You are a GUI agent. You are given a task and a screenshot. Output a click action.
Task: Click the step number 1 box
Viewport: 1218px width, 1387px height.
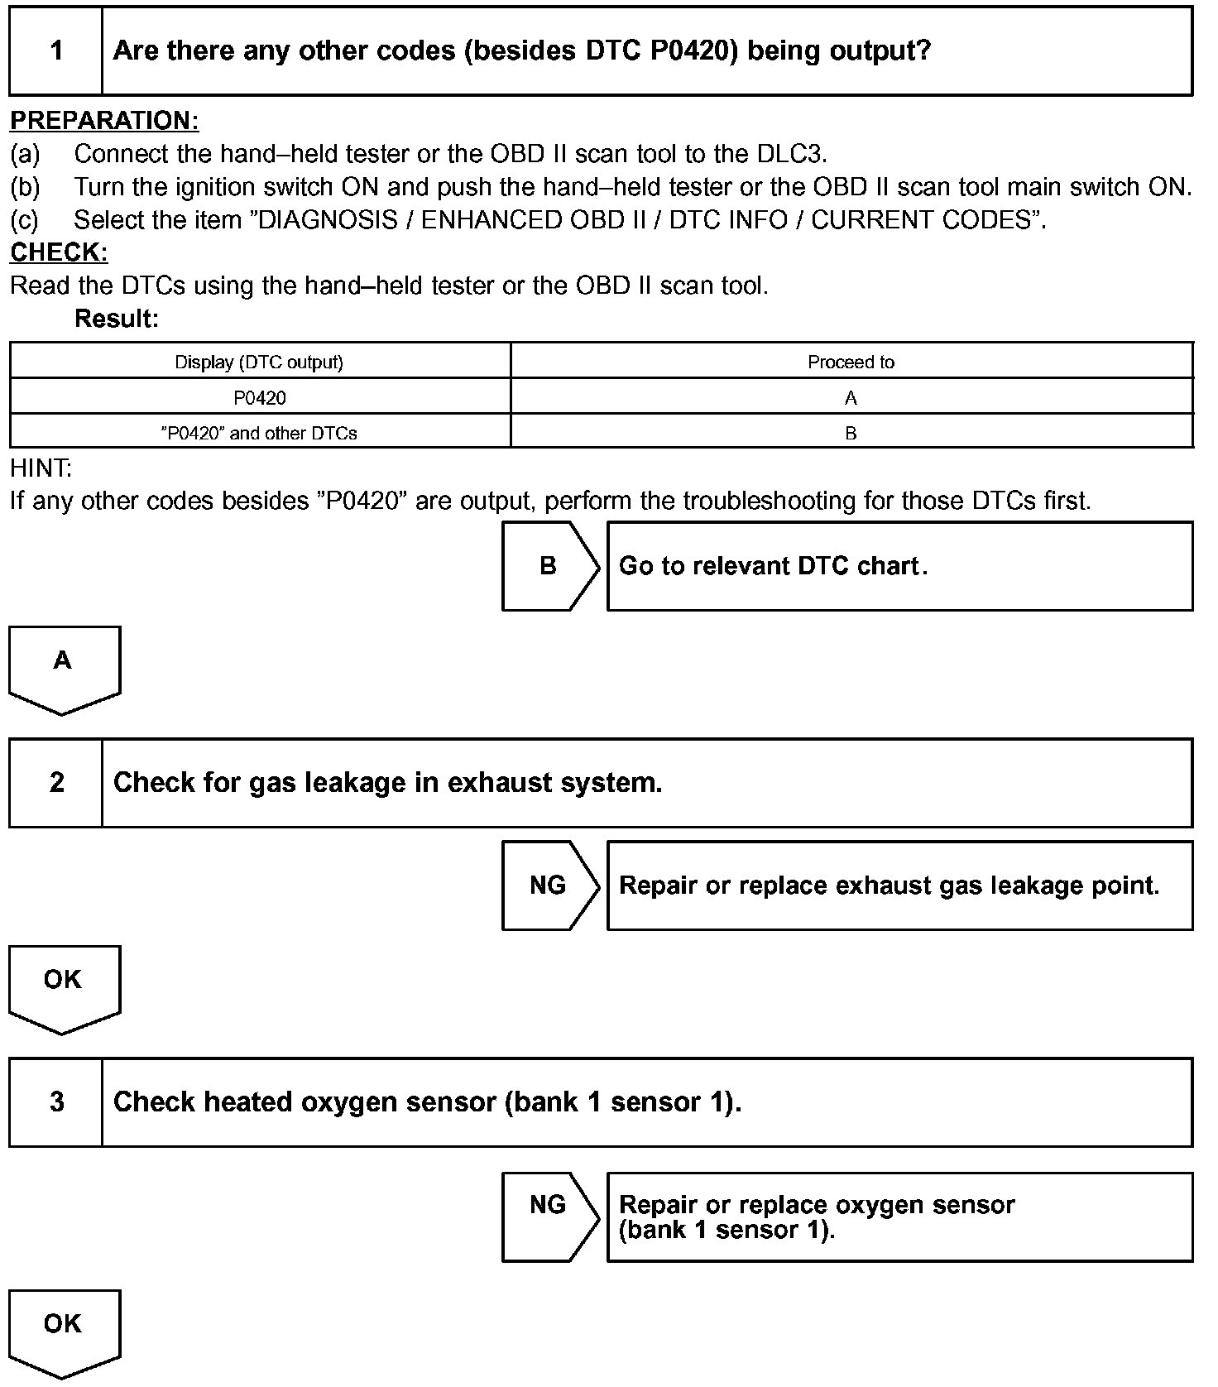coord(56,51)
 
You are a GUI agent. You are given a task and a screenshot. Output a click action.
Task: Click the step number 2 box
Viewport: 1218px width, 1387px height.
coord(56,783)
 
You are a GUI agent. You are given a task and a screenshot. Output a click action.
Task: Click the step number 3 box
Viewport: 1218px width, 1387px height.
coord(56,1102)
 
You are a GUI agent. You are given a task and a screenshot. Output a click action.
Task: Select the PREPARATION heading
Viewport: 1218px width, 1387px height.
coord(104,121)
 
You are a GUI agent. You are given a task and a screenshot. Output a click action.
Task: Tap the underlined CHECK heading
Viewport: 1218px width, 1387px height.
coord(59,252)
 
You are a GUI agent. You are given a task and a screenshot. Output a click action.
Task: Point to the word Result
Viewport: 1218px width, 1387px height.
coord(117,319)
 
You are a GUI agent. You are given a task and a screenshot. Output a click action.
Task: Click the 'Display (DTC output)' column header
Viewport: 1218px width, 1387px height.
coord(259,362)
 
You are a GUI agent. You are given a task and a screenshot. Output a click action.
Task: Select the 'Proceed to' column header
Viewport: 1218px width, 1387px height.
coord(851,362)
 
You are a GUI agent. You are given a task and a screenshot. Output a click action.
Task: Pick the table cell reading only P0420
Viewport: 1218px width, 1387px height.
coord(259,398)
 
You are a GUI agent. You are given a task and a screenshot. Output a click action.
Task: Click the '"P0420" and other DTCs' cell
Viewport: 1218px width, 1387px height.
coord(259,433)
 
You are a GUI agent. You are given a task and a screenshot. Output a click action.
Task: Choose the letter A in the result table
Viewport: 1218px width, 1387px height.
coord(851,398)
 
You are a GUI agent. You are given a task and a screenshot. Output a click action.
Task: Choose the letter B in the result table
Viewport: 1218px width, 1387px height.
coord(851,433)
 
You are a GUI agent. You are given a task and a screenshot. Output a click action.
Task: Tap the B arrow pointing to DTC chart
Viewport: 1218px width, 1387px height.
coord(549,566)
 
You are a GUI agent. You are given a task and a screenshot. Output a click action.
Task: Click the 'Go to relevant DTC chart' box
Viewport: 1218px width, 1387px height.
coord(899,566)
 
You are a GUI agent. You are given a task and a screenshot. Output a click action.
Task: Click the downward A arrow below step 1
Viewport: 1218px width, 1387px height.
coord(64,666)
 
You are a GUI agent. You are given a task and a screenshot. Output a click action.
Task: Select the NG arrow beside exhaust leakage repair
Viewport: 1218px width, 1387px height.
coord(549,885)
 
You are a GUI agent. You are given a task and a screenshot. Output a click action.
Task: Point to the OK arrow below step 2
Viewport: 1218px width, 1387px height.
coord(64,986)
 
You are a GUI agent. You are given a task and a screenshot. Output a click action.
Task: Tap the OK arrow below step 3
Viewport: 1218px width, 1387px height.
coord(64,1330)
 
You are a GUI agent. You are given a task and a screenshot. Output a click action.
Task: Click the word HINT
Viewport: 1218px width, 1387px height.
coord(41,468)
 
